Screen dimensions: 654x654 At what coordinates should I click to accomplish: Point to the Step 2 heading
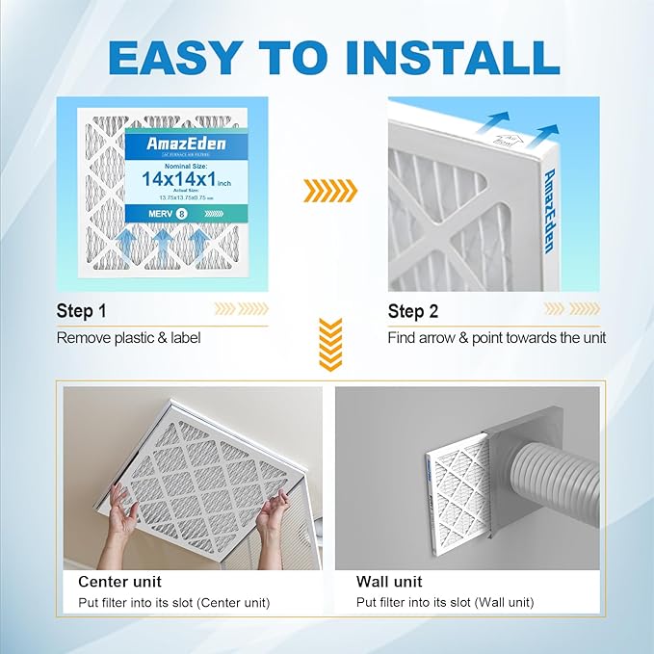click(x=412, y=311)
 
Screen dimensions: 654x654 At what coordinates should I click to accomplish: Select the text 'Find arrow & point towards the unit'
click(x=496, y=338)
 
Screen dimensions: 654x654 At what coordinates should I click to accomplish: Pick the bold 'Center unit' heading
click(x=119, y=582)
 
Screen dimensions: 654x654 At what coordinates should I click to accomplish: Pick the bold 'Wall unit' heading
click(x=388, y=582)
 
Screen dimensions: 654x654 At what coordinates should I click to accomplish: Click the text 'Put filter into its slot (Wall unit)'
click(x=445, y=603)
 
